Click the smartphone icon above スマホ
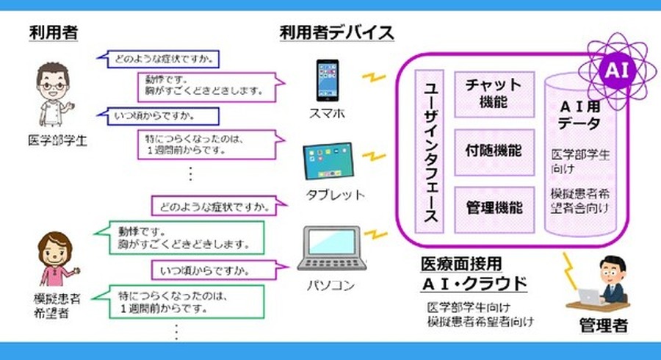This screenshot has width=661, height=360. coord(329,82)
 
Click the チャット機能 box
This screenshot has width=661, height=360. coord(493,94)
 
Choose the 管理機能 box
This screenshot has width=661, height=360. coord(493,207)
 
